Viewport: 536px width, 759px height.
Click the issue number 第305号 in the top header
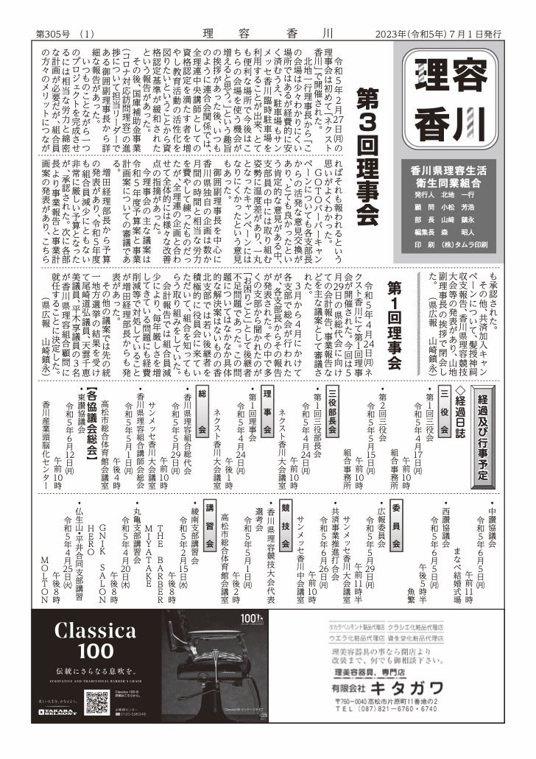point(54,34)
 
